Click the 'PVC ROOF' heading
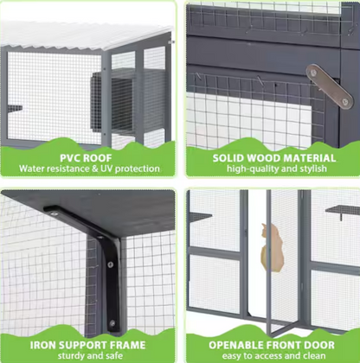(90, 157)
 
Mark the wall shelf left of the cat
(201, 215)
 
